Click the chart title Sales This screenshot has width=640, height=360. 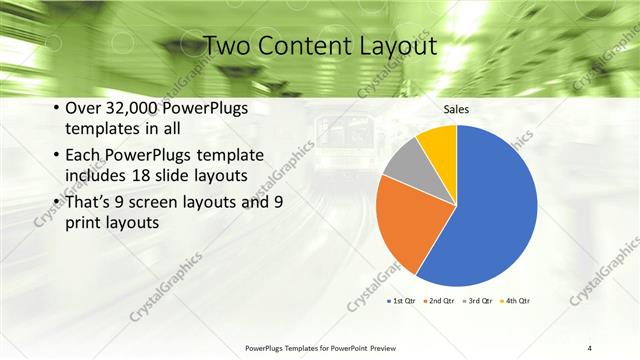point(456,109)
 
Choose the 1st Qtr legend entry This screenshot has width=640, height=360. point(402,300)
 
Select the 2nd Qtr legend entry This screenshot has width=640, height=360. point(440,300)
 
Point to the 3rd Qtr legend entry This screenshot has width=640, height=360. point(478,300)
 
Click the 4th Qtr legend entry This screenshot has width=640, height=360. point(516,300)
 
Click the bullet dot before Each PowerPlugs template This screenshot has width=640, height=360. point(55,154)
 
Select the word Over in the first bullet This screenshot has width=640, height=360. point(84,109)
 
